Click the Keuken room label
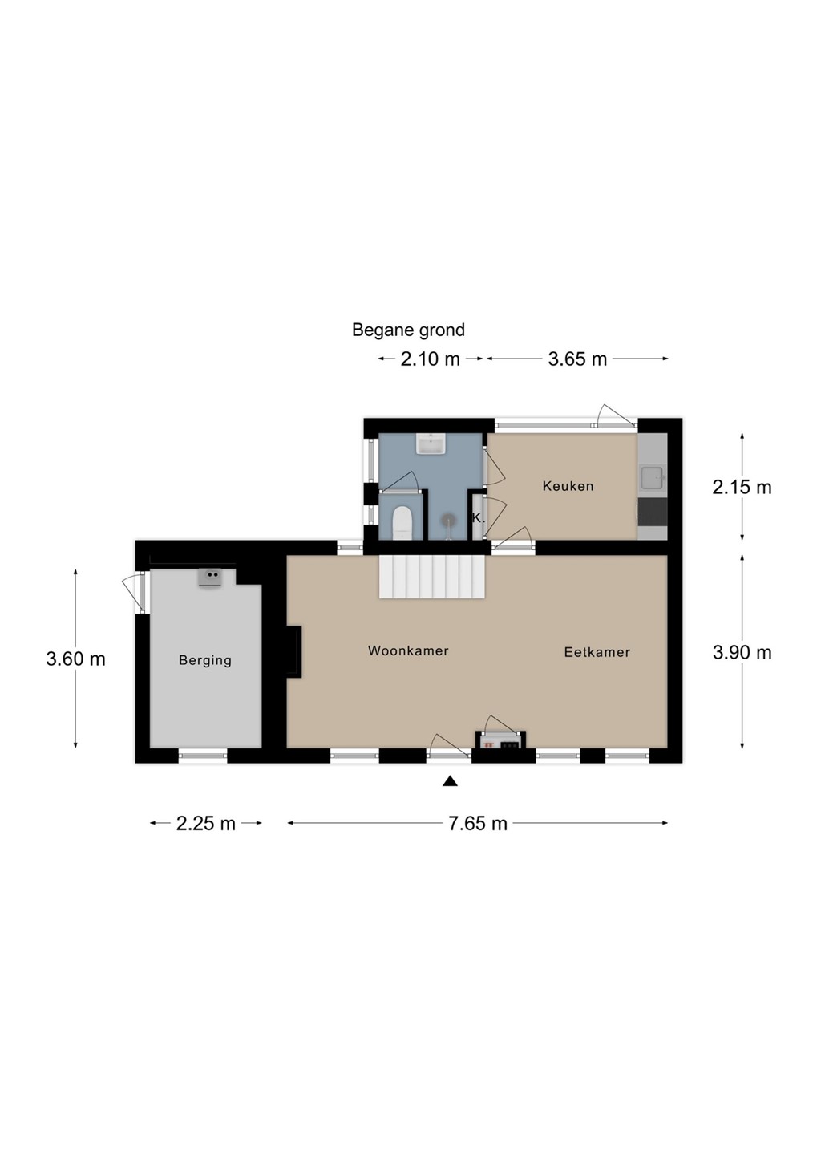pyautogui.click(x=568, y=486)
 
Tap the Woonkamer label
pyautogui.click(x=408, y=650)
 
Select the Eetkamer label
pyautogui.click(x=597, y=652)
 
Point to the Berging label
pyautogui.click(x=205, y=661)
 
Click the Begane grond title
pyautogui.click(x=408, y=330)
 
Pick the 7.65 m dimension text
pyautogui.click(x=477, y=824)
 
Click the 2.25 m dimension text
pyautogui.click(x=206, y=824)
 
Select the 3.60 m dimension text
pyautogui.click(x=76, y=659)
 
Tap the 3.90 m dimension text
pyautogui.click(x=742, y=652)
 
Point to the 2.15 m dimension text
pyautogui.click(x=742, y=487)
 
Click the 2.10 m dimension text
pyautogui.click(x=431, y=359)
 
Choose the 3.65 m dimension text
pyautogui.click(x=577, y=359)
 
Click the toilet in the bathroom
pyautogui.click(x=402, y=522)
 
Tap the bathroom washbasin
pyautogui.click(x=431, y=444)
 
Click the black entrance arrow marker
pyautogui.click(x=450, y=781)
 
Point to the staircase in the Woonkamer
pyautogui.click(x=432, y=577)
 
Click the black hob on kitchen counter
pyautogui.click(x=653, y=512)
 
